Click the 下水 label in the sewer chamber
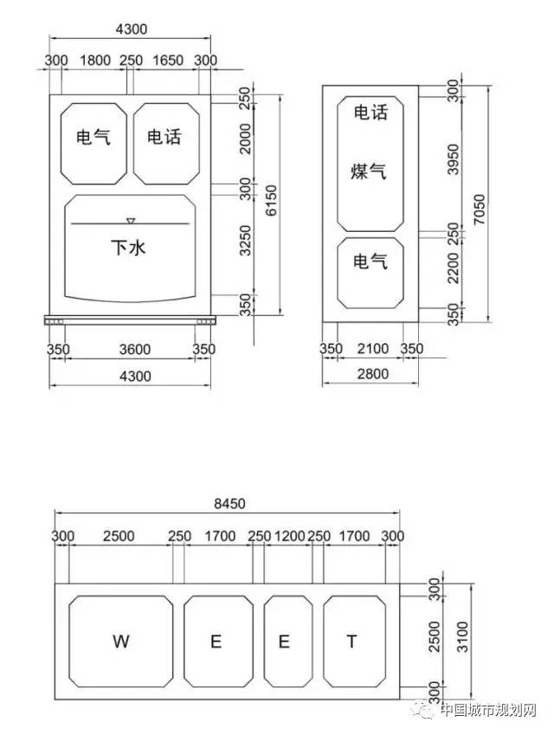pos(128,247)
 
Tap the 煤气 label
pos(369,171)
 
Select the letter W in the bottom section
pos(121,641)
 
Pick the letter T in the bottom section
pos(351,641)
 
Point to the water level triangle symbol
pos(131,220)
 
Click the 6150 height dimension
pos(271,201)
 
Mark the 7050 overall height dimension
pos(479,210)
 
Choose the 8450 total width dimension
pos(229,504)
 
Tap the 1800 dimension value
pos(95,61)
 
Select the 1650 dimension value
pos(168,61)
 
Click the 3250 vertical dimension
pos(245,241)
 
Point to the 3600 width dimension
pos(135,349)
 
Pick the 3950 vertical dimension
pos(454,159)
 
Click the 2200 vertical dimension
pos(454,268)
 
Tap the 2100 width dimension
pos(373,349)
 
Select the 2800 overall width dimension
pos(373,374)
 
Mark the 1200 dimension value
pos(290,536)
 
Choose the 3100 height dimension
pos(462,637)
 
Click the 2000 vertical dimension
pos(245,139)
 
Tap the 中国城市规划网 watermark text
pos(488,710)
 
